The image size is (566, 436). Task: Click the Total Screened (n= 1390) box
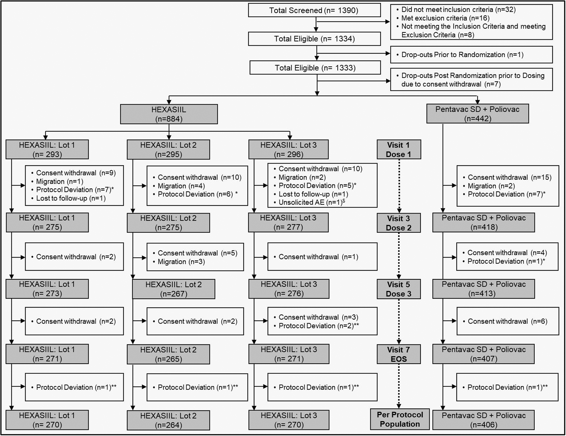(x=314, y=10)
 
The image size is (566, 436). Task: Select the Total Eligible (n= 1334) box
(x=314, y=39)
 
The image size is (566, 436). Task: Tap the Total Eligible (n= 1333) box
(x=315, y=68)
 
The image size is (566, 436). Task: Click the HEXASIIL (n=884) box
(x=169, y=114)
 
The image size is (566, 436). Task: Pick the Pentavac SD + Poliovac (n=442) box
(x=478, y=114)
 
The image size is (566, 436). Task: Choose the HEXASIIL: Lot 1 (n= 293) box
(x=47, y=150)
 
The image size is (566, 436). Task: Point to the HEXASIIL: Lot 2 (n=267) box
(x=173, y=289)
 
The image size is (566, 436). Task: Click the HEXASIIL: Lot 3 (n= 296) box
(x=288, y=150)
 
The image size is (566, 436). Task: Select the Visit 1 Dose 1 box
(x=399, y=150)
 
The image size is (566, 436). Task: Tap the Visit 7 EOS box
(x=399, y=354)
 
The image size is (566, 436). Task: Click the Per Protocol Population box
(x=400, y=419)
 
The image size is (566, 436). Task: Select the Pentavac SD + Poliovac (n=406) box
(x=483, y=420)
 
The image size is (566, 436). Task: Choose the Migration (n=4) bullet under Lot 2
(x=181, y=186)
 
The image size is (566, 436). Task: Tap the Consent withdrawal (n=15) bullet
(x=509, y=177)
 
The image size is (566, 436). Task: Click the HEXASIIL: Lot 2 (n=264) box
(x=168, y=420)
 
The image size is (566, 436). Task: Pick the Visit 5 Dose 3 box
(x=399, y=289)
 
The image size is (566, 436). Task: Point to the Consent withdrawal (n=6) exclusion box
(x=507, y=321)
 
